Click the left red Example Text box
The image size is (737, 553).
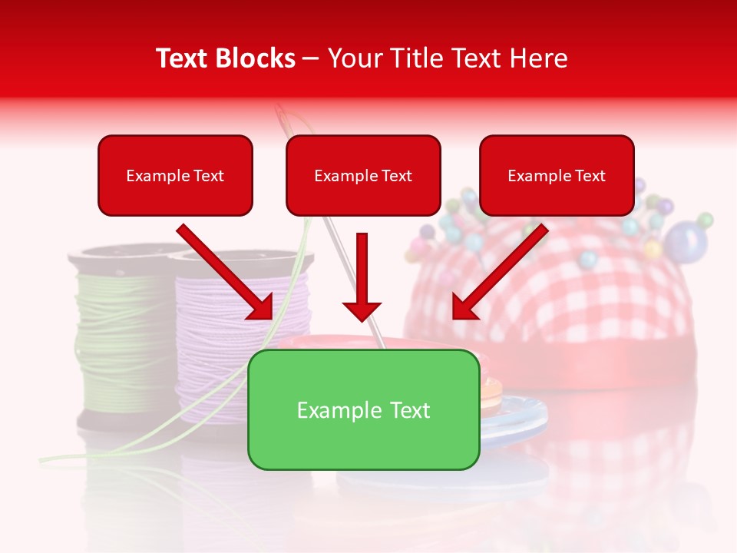175,176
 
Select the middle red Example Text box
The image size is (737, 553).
363,176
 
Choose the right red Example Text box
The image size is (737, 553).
557,176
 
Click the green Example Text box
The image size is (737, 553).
363,410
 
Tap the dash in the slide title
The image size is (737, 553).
311,58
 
